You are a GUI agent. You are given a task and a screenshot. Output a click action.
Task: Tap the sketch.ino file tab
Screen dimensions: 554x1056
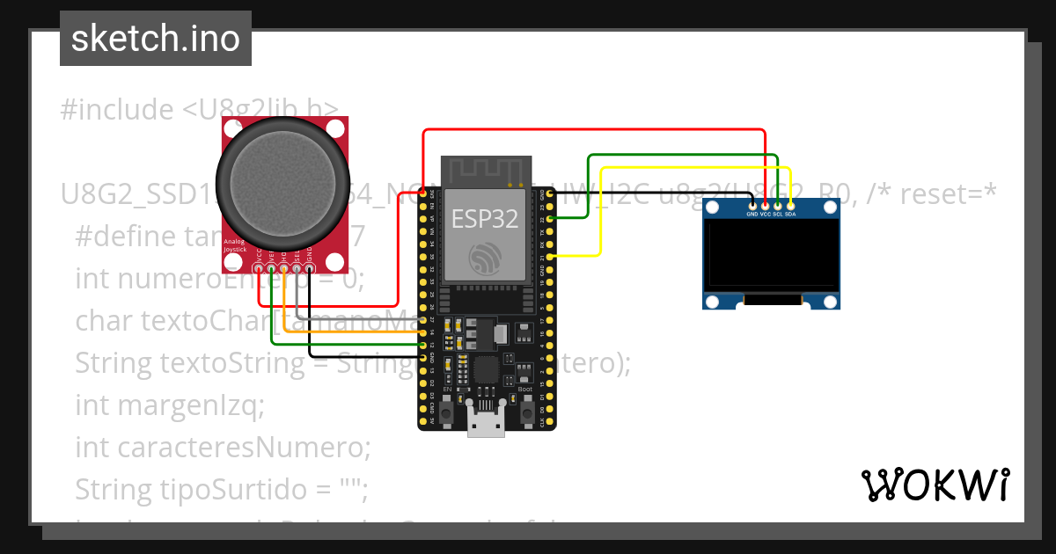click(x=155, y=39)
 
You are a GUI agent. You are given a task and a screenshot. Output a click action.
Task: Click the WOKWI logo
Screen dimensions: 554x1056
click(x=935, y=485)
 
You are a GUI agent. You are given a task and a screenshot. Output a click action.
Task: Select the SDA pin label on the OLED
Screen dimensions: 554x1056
click(x=790, y=214)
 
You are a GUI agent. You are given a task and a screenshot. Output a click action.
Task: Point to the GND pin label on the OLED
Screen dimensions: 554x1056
click(x=752, y=214)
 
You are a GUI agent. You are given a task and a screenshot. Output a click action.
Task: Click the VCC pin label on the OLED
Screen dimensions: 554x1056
click(x=765, y=214)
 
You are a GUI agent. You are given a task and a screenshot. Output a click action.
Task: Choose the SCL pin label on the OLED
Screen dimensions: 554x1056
click(x=778, y=214)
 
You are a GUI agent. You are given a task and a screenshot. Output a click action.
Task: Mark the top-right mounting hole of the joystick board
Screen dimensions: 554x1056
click(x=334, y=129)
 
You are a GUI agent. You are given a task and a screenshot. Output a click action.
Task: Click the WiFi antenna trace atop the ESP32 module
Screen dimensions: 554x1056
click(x=487, y=171)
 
